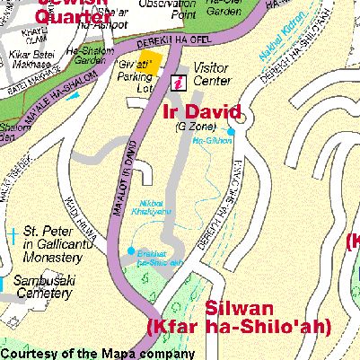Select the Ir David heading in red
[202, 112]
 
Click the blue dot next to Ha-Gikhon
[231, 132]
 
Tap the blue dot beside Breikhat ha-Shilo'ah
[131, 250]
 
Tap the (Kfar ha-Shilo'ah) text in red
[234, 326]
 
